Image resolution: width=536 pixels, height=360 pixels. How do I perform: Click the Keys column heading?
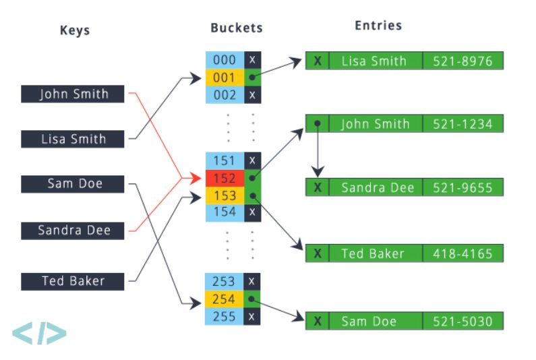point(75,30)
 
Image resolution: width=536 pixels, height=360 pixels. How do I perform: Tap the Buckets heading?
point(237,28)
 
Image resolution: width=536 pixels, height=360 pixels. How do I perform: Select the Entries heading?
point(378,26)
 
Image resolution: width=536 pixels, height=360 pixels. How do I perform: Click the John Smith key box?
point(72,94)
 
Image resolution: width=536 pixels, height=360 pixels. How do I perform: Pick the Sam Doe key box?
point(72,184)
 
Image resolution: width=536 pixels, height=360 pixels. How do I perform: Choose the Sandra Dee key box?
point(72,231)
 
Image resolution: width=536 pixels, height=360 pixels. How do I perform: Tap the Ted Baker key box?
point(72,281)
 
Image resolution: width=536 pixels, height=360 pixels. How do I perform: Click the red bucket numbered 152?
point(225,178)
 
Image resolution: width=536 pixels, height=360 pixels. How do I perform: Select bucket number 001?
point(225,78)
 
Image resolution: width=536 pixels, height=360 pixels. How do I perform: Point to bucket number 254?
point(225,299)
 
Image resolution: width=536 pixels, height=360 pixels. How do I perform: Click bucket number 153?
point(225,196)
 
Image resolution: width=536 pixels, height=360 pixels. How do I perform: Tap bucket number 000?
point(225,60)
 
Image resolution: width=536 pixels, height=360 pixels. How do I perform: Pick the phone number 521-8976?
point(463,61)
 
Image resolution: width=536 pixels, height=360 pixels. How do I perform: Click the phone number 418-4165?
point(463,253)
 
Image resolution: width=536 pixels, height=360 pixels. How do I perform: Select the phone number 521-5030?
point(463,321)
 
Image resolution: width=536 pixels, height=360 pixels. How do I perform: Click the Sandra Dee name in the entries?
point(378,187)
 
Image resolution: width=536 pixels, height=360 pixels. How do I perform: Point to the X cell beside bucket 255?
point(252,317)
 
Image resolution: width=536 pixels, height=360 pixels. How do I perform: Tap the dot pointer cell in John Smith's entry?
point(318,123)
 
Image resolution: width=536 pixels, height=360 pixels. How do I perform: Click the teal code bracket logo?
point(39,333)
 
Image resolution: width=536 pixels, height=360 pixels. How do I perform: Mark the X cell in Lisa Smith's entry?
point(318,61)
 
